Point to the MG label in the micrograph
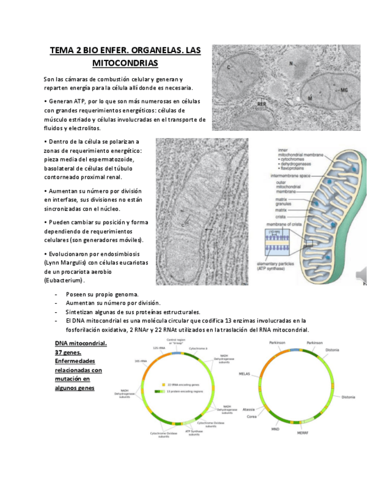(344, 90)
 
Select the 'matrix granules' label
(285, 201)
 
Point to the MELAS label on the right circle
(244, 374)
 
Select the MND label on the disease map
(275, 429)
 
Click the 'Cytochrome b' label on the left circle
(199, 348)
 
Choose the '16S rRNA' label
(143, 361)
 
